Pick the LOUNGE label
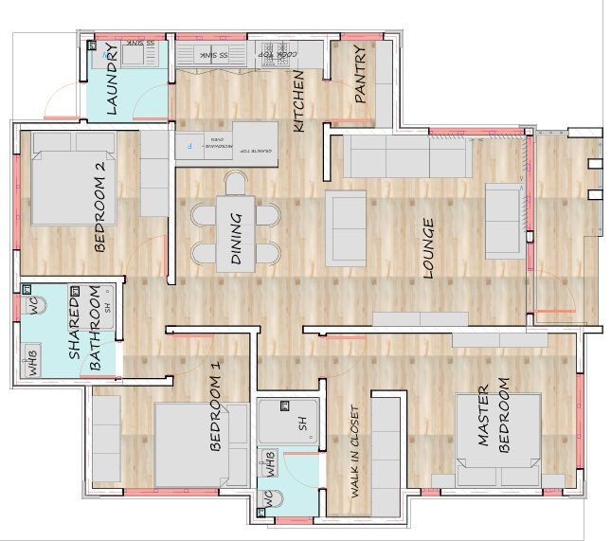pyautogui.click(x=427, y=248)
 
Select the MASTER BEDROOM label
pyautogui.click(x=493, y=418)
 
